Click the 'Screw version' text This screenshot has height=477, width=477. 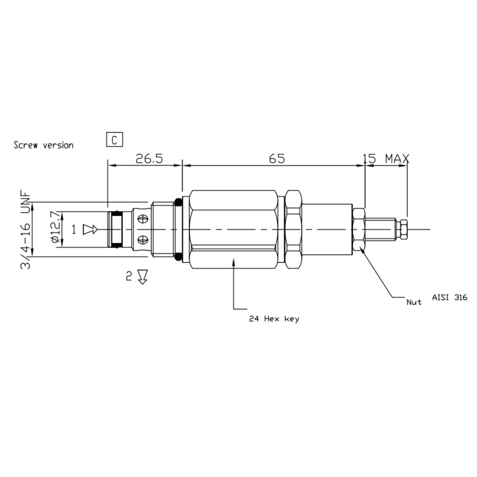click(43, 145)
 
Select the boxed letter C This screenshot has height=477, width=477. click(114, 140)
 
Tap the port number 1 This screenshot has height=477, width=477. click(74, 230)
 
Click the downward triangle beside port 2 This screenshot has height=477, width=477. click(142, 277)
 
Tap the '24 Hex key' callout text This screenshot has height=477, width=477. click(274, 319)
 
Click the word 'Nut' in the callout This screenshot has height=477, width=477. click(414, 302)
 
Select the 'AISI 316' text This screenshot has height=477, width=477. click(449, 297)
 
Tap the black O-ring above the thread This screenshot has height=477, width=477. click(178, 202)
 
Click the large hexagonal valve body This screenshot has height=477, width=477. click(234, 229)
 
